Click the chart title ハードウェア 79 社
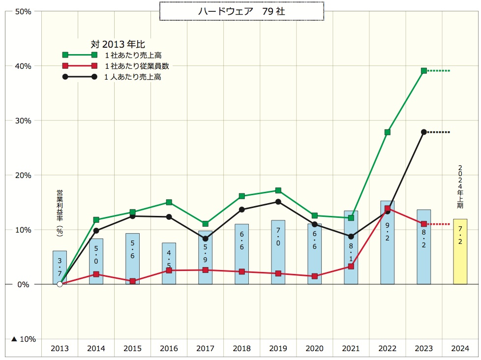coord(241,11)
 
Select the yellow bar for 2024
coord(460,251)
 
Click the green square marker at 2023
coord(424,71)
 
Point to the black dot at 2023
coord(424,132)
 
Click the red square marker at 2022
coord(388,209)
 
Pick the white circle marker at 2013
coord(60,284)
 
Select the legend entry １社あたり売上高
coord(133,55)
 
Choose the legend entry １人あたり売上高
coord(133,77)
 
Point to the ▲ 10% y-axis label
coord(23,339)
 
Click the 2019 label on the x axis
coord(278,349)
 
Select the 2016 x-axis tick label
coord(169,349)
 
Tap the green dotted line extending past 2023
coord(439,71)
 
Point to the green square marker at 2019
coord(278,190)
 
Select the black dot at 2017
coord(205,239)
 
